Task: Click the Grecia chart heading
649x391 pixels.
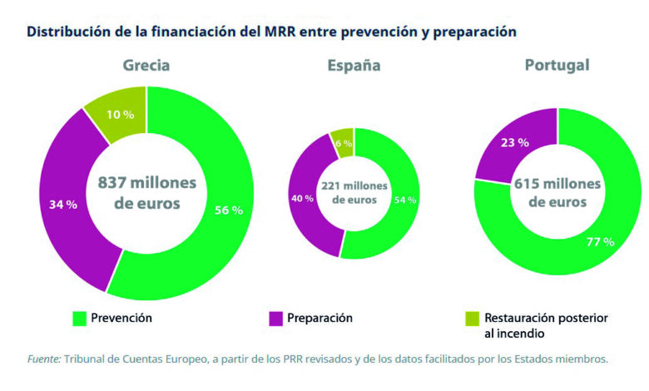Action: (146, 66)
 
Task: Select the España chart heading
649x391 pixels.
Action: (354, 66)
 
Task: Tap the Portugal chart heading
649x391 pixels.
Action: (557, 65)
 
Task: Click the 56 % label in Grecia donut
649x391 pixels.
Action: (227, 210)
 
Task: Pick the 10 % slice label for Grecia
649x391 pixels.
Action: (120, 114)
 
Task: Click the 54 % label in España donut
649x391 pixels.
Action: (405, 200)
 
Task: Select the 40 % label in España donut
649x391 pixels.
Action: (303, 198)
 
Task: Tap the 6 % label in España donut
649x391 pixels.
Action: (343, 143)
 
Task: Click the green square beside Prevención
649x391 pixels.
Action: (79, 318)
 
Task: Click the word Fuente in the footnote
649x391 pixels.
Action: (43, 359)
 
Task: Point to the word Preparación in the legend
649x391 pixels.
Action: (320, 318)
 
